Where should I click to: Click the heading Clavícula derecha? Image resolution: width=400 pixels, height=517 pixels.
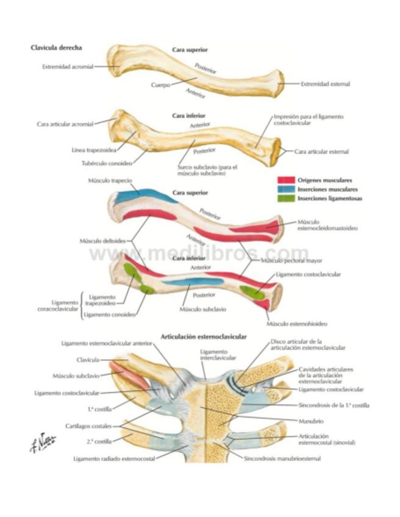click(56, 48)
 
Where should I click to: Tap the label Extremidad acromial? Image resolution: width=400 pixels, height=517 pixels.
click(67, 67)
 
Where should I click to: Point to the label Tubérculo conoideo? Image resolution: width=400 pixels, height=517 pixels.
click(105, 163)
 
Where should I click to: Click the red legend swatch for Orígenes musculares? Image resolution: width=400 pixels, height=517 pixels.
click(285, 180)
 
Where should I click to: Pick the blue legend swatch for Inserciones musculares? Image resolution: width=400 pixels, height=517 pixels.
click(285, 189)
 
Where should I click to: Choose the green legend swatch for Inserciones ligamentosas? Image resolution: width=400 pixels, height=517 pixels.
click(285, 198)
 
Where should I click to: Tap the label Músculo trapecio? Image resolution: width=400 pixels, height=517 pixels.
click(110, 181)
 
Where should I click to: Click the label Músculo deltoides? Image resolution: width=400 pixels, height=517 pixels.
click(102, 241)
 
